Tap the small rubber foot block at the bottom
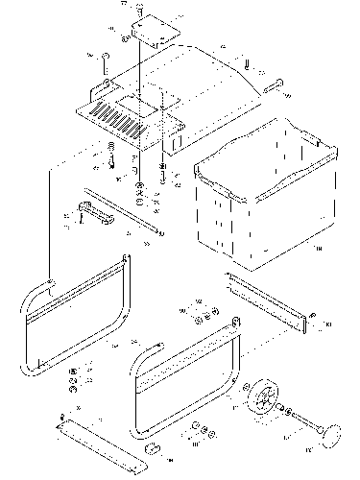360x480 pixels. pyautogui.click(x=152, y=448)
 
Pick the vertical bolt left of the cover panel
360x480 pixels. pyautogui.click(x=105, y=63)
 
